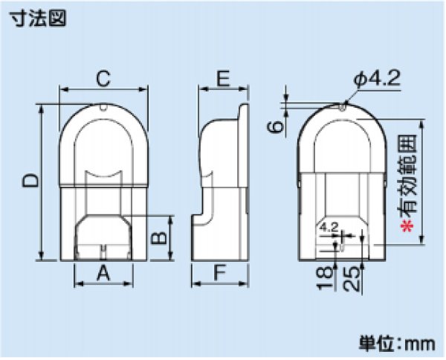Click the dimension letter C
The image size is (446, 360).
[x=103, y=77]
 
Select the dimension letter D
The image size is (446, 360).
[x=28, y=181]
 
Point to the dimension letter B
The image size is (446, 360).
[x=158, y=238]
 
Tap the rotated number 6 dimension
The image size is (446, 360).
[x=276, y=127]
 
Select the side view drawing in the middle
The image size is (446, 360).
[x=220, y=186]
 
